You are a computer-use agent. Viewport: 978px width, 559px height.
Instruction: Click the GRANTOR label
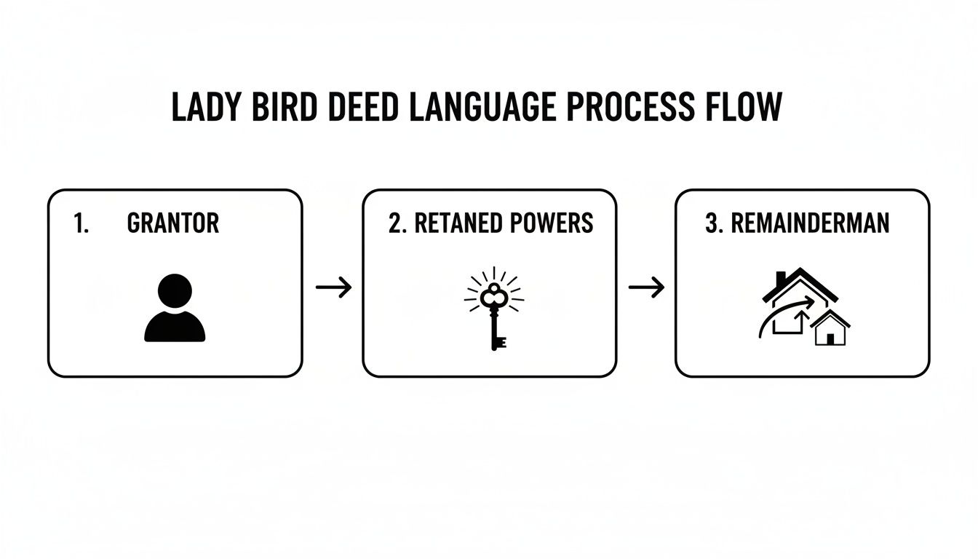pyautogui.click(x=172, y=223)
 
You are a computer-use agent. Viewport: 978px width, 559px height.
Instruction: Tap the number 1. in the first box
pyautogui.click(x=81, y=223)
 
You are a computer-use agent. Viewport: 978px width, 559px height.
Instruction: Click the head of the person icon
pyautogui.click(x=175, y=290)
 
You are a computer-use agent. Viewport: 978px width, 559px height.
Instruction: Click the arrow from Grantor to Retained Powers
pyautogui.click(x=333, y=288)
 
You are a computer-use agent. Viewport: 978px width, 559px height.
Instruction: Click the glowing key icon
pyautogui.click(x=494, y=306)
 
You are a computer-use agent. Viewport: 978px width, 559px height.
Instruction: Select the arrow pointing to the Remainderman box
pyautogui.click(x=646, y=288)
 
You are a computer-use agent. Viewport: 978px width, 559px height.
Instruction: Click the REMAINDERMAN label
pyautogui.click(x=809, y=223)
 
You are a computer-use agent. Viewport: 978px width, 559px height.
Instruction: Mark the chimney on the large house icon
pyautogui.click(x=780, y=279)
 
